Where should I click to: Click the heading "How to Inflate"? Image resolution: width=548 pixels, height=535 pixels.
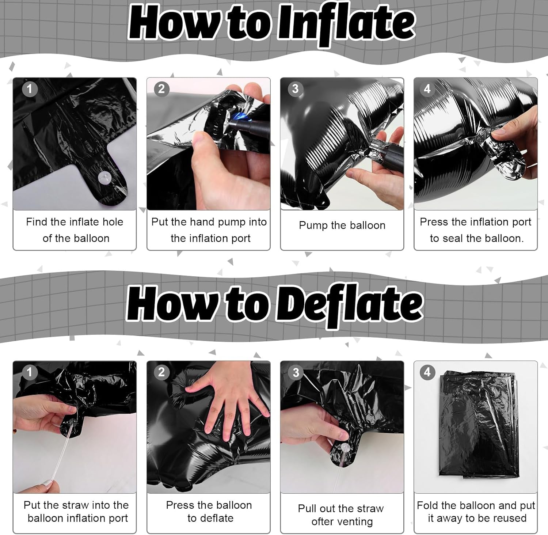tap(272, 23)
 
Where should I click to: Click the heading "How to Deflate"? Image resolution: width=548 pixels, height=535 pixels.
tap(275, 306)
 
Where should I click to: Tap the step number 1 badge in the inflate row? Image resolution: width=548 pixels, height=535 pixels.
tap(30, 89)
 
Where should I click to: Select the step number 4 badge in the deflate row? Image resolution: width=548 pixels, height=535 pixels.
tap(427, 372)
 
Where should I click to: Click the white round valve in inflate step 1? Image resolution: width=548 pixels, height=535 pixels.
tap(105, 177)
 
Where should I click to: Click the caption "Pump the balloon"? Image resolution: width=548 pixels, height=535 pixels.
tap(342, 225)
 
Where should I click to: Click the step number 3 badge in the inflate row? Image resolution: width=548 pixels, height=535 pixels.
tap(295, 89)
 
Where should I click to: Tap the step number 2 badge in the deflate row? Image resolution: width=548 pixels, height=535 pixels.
tap(161, 372)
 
